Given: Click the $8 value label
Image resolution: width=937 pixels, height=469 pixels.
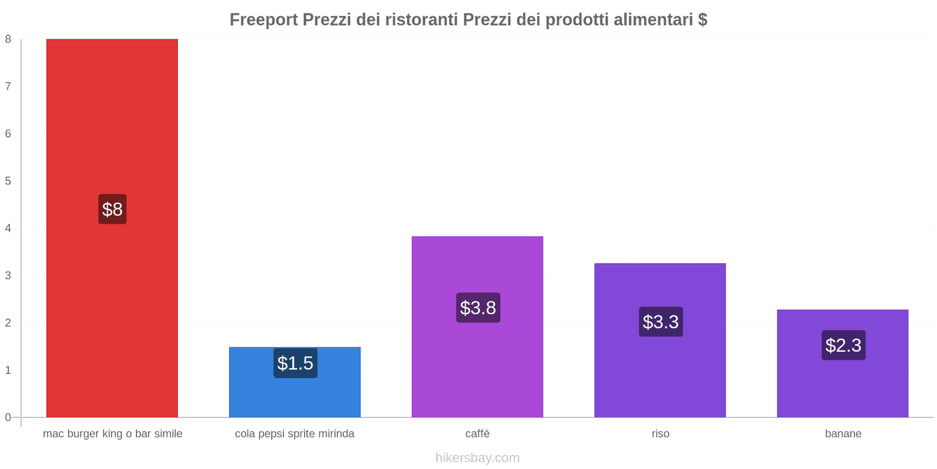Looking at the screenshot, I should tap(112, 209).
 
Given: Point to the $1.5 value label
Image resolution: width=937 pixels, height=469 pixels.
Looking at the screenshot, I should tap(295, 363).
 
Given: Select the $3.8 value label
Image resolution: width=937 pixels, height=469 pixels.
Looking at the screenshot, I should tap(478, 308).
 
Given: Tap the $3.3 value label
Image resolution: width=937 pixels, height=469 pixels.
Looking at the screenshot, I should tap(661, 322).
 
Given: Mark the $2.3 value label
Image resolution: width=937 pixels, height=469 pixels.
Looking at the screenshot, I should tap(843, 345).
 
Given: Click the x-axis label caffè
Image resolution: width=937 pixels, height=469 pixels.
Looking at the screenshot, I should tap(477, 434).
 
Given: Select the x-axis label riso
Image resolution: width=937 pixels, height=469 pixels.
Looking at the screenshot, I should tap(660, 434).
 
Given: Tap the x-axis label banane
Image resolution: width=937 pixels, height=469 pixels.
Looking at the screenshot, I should tap(843, 434).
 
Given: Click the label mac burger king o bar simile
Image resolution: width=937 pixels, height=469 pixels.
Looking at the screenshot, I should tap(112, 434).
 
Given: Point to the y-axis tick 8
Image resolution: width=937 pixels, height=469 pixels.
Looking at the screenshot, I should tap(8, 39).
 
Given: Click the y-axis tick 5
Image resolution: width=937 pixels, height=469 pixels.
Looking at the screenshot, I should tap(8, 181).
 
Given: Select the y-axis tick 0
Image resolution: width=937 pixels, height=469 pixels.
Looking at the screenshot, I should tap(8, 417).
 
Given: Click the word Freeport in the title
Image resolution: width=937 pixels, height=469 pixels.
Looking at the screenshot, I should tap(264, 20).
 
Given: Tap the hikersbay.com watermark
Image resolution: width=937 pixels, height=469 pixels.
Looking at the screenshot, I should tap(477, 458).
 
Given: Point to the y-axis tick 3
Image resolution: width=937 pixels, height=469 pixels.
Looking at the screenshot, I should tap(8, 276).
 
